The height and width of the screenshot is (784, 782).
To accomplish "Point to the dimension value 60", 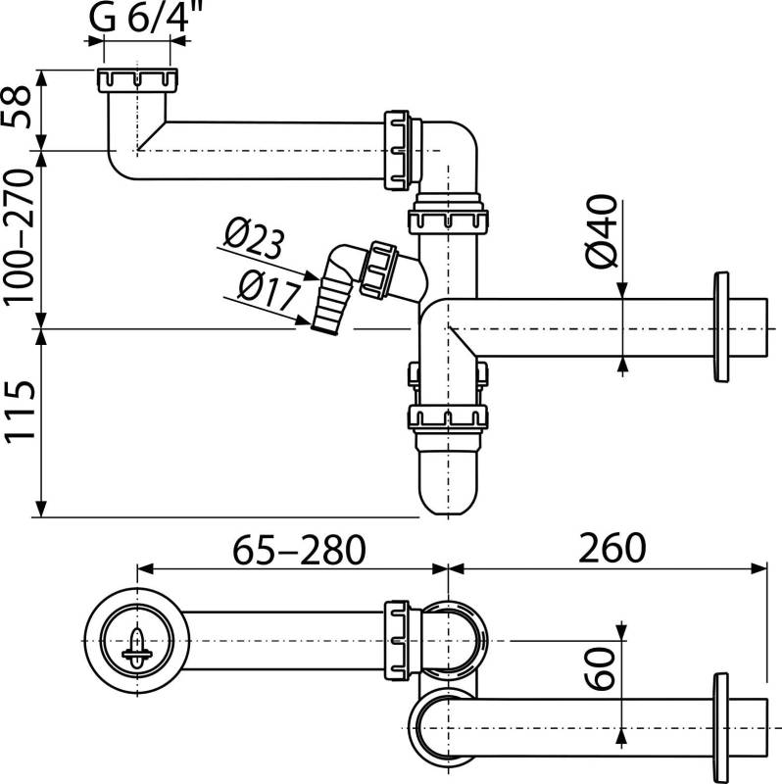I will tap(604, 670).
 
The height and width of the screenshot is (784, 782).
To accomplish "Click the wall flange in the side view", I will tap(723, 326).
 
